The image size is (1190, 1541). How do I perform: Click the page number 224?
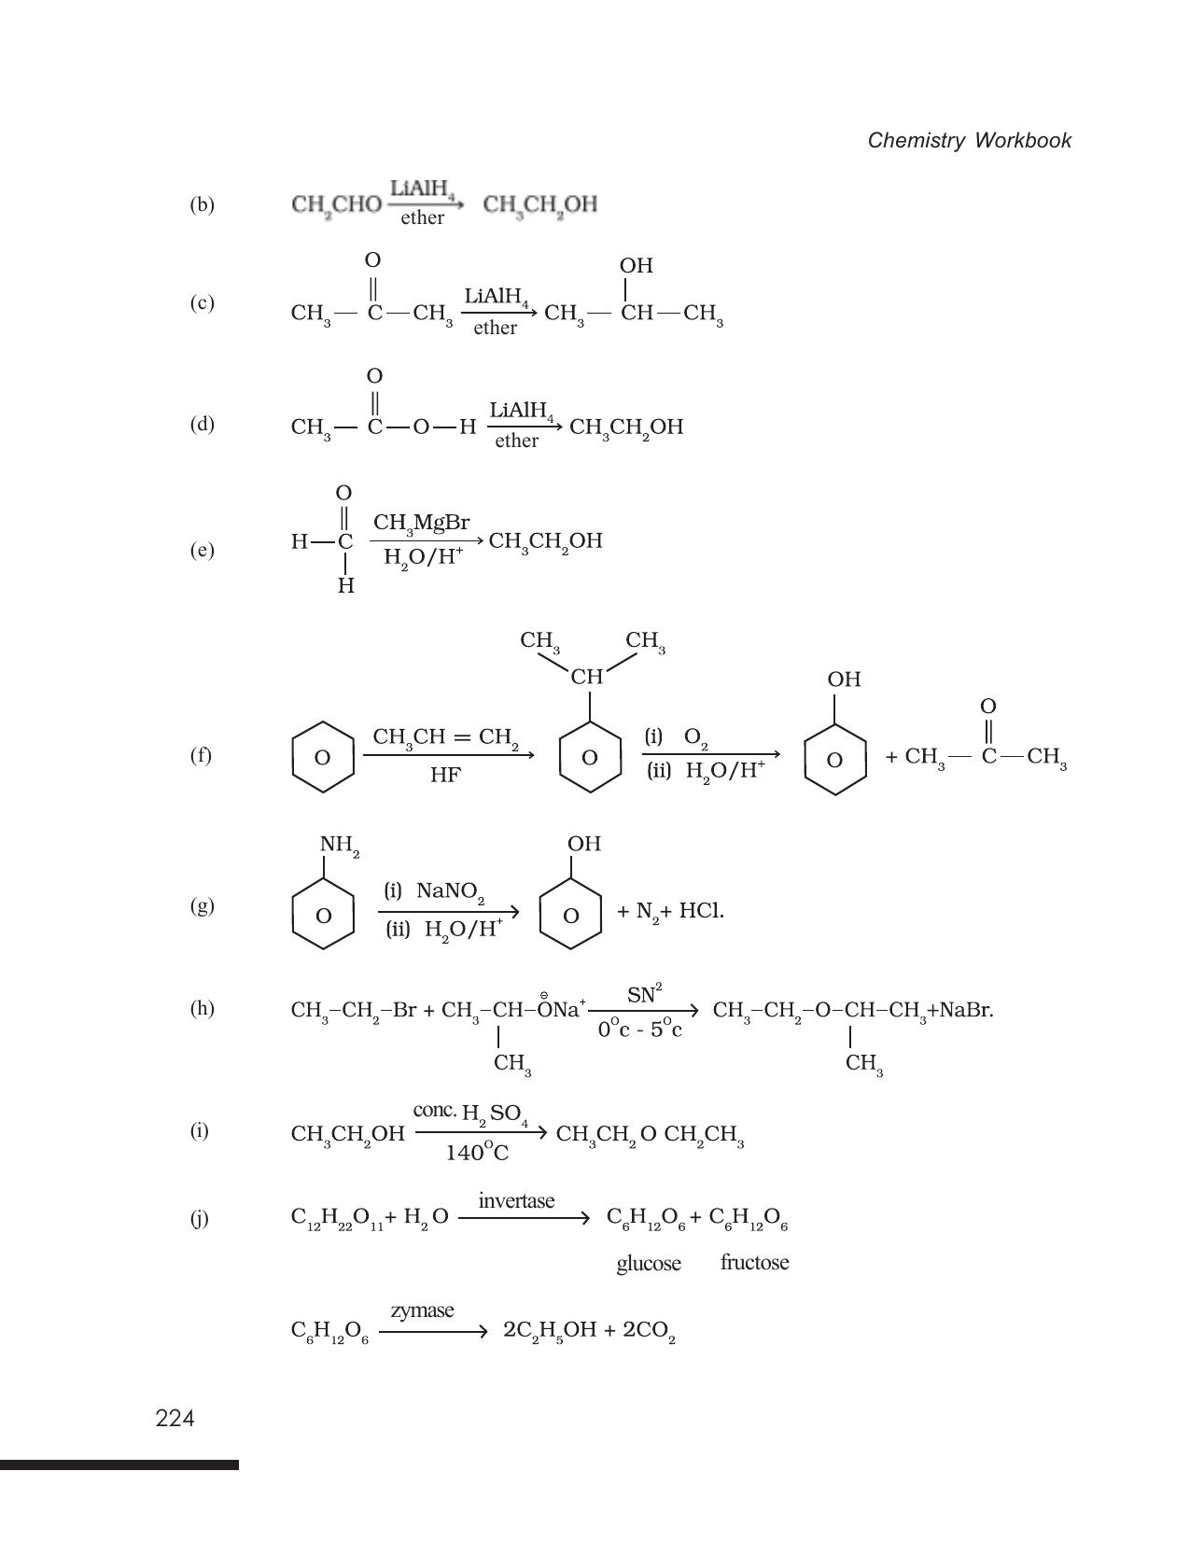pyautogui.click(x=175, y=1419)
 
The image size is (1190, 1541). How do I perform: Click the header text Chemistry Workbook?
pyautogui.click(x=969, y=140)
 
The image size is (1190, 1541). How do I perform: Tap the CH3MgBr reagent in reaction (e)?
pyautogui.click(x=421, y=524)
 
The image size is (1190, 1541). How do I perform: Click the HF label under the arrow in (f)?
pyautogui.click(x=445, y=775)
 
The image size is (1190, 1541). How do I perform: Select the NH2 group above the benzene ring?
pyautogui.click(x=340, y=846)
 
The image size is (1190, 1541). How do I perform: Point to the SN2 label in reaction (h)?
pyautogui.click(x=645, y=994)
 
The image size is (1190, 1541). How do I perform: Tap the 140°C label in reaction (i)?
pyautogui.click(x=477, y=1153)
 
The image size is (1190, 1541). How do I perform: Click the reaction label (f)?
pyautogui.click(x=201, y=755)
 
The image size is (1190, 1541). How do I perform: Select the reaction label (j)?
pyautogui.click(x=200, y=1219)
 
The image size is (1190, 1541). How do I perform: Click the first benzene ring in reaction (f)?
pyautogui.click(x=323, y=757)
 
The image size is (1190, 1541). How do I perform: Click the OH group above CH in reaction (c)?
pyautogui.click(x=637, y=265)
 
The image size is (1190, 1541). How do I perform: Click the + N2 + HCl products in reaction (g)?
pyautogui.click(x=670, y=912)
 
